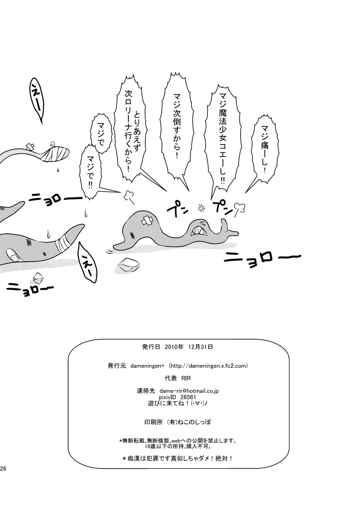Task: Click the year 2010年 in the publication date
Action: point(174,353)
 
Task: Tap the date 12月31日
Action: point(200,353)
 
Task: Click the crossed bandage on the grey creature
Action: point(148,220)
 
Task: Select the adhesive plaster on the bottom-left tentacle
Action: point(13,255)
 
